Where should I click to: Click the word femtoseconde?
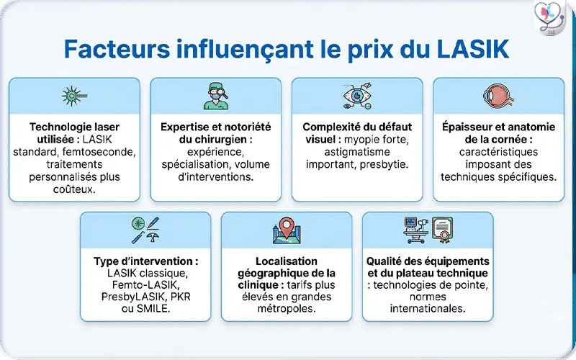[104, 152]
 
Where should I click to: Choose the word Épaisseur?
[467, 127]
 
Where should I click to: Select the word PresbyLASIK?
[123, 296]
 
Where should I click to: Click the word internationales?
[428, 308]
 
